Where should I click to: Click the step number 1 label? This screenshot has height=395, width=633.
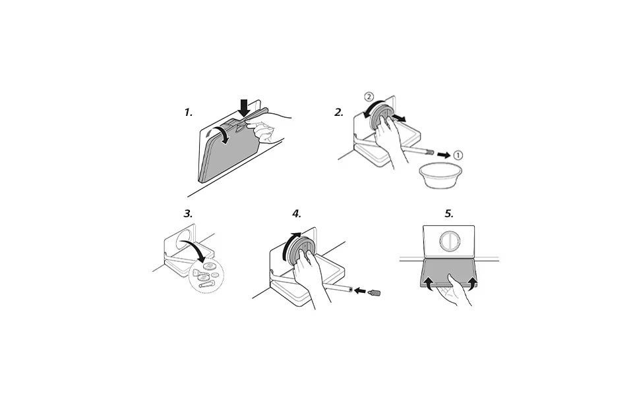188,113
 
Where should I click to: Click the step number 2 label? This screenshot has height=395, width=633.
339,113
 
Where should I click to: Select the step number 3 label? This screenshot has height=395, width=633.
188,213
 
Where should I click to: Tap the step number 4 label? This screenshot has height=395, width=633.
297,213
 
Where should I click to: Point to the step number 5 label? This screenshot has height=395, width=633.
449,213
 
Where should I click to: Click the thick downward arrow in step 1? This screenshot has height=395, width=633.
243,108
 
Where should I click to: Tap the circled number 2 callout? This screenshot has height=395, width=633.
369,97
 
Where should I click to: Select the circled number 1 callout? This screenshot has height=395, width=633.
458,155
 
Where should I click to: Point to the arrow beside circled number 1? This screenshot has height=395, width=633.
444,155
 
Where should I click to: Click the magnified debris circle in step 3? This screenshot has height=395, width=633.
206,275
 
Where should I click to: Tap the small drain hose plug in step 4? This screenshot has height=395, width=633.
375,290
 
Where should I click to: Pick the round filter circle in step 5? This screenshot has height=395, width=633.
448,241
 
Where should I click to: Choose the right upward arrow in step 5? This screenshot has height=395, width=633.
470,282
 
